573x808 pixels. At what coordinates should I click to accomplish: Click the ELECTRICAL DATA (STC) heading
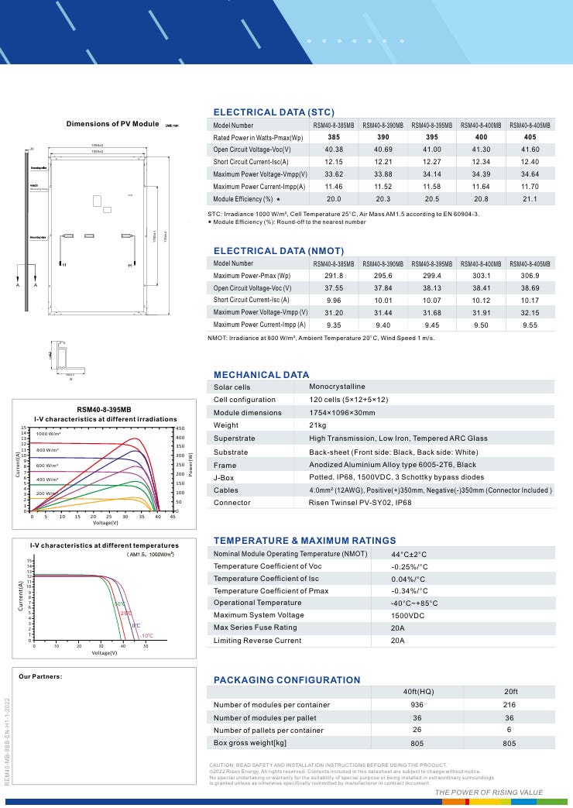273,112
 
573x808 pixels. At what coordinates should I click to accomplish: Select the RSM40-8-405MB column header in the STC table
530,125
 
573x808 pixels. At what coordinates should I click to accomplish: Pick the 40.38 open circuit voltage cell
334,150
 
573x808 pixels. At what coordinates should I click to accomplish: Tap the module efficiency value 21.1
530,199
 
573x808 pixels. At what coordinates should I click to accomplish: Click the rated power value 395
432,137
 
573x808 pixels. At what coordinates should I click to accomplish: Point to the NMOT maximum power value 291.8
334,276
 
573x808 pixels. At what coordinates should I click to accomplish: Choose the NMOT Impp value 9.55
530,325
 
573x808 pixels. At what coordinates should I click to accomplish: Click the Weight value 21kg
319,425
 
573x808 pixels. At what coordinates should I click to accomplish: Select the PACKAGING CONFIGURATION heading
286,680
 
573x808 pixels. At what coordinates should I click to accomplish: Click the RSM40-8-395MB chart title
104,409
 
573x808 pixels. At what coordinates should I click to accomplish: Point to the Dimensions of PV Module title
112,124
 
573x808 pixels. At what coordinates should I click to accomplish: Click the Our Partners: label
40,676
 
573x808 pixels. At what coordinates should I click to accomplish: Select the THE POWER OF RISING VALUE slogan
489,793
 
